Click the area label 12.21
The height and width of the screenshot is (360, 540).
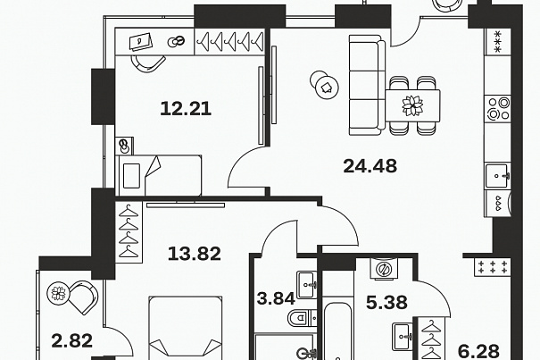click(x=186, y=109)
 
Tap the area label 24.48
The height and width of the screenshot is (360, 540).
click(x=370, y=166)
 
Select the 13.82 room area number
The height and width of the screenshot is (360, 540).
click(x=195, y=254)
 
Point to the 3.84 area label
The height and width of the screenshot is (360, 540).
click(x=276, y=298)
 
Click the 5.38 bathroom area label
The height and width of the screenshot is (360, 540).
click(x=386, y=303)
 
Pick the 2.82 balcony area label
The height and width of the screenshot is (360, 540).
click(x=72, y=341)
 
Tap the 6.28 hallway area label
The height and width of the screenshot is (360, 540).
click(x=478, y=351)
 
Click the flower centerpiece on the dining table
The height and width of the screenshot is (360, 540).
click(x=412, y=105)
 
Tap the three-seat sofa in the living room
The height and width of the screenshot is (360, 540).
click(x=367, y=85)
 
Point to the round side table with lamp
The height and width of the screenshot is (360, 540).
click(x=324, y=85)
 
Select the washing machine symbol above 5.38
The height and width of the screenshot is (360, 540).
click(x=384, y=268)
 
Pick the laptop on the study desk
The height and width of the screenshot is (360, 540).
click(x=140, y=42)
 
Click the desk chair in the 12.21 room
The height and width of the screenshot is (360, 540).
click(x=148, y=63)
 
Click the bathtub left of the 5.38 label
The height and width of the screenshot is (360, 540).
click(x=337, y=331)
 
